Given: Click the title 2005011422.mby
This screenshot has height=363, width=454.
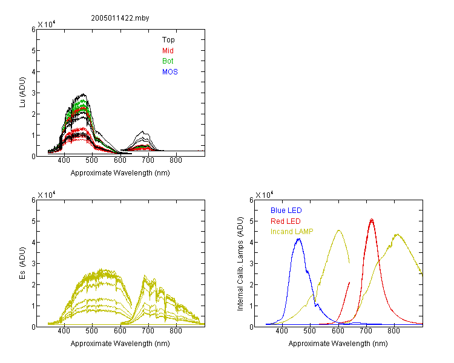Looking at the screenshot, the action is (x=120, y=18).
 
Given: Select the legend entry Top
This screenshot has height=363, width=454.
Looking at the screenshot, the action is (x=168, y=40).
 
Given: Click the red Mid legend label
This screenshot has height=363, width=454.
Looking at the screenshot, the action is (x=168, y=51).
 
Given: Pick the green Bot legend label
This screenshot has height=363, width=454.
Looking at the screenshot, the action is (x=168, y=61).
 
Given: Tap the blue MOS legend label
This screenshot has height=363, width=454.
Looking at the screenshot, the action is (x=170, y=72).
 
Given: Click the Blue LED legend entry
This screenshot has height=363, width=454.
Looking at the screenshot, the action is (x=286, y=211).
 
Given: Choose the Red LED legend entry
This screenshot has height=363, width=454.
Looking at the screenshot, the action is (x=286, y=221).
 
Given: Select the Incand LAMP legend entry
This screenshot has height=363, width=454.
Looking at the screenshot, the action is (x=292, y=232).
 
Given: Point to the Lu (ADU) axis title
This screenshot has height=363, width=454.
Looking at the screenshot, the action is (x=22, y=93).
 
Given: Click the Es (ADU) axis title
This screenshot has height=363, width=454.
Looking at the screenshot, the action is (x=22, y=263).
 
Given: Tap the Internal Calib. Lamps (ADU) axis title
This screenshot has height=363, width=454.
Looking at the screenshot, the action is (x=240, y=264).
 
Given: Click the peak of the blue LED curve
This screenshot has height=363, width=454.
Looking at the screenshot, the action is (x=299, y=239).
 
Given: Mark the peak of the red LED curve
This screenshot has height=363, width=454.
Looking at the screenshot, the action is (x=372, y=219).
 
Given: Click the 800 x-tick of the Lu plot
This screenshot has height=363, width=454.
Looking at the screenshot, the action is (x=176, y=160).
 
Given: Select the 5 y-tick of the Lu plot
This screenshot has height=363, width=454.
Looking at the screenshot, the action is (x=33, y=51).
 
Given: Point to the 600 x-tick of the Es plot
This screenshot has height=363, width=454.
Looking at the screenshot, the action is (x=120, y=331).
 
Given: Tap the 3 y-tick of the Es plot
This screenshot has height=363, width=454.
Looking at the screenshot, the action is (x=33, y=263).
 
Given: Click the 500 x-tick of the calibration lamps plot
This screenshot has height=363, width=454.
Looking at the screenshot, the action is (x=310, y=331).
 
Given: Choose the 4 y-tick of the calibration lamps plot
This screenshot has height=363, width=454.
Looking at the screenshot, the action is (x=251, y=242).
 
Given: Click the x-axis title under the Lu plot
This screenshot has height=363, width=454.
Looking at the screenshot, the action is (x=120, y=173).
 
